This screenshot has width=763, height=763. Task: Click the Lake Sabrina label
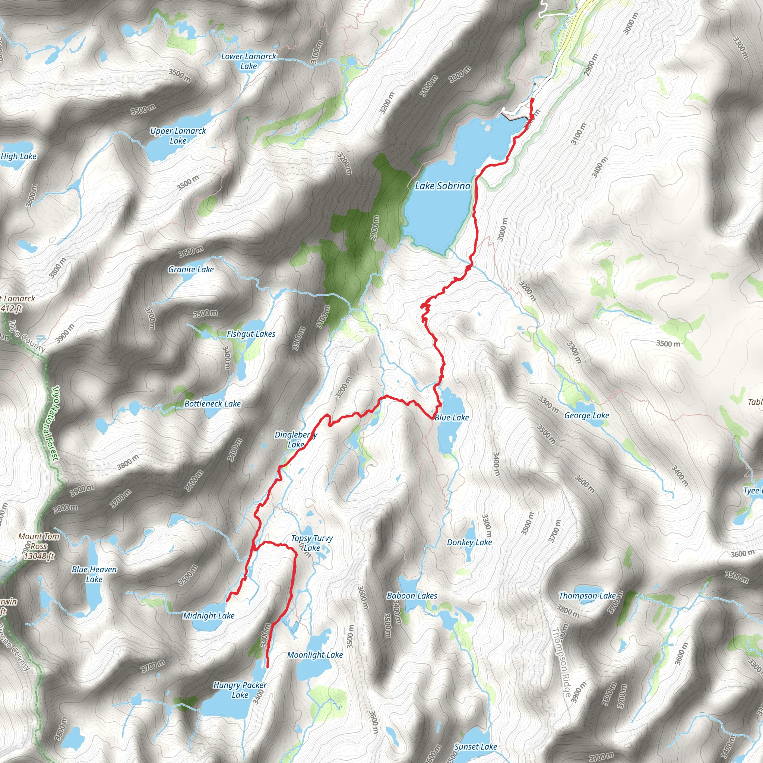click(x=442, y=186)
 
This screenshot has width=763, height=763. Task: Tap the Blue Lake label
click(x=452, y=417)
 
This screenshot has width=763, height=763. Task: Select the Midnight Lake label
click(x=209, y=615)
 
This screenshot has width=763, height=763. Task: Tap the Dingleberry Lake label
click(x=295, y=439)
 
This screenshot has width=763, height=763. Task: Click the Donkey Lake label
click(x=469, y=542)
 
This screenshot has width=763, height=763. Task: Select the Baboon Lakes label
click(x=412, y=596)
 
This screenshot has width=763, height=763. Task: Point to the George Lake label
click(x=586, y=415)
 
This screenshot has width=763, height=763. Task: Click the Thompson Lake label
click(x=587, y=596)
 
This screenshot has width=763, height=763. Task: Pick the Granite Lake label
click(x=191, y=269)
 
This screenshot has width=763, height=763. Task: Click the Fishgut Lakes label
click(x=251, y=334)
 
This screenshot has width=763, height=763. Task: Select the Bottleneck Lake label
click(x=212, y=403)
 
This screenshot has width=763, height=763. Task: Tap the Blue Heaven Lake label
click(x=94, y=574)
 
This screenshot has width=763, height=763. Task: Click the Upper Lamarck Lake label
click(x=178, y=136)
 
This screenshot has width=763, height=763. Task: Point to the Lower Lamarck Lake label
click(x=248, y=61)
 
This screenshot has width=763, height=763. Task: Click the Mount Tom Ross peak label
click(x=39, y=546)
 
